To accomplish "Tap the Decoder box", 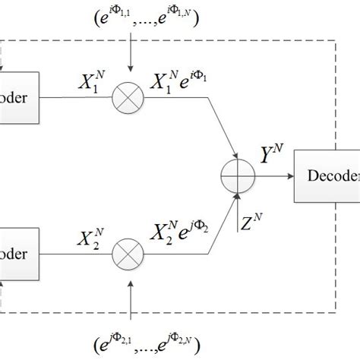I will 327,174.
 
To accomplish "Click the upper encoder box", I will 19,97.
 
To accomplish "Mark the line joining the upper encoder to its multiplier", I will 76,97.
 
